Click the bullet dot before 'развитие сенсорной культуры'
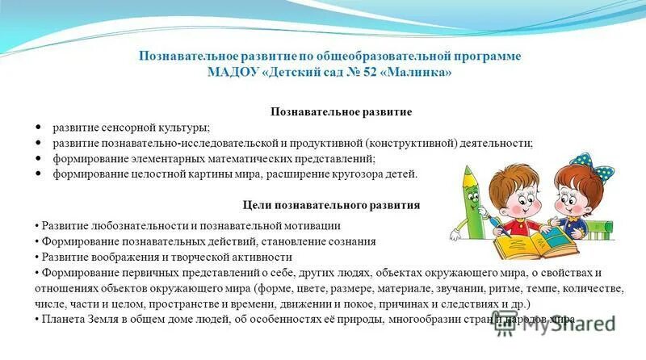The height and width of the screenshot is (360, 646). pyautogui.click(x=40, y=128)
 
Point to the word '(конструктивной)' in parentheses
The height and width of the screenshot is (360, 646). pyautogui.click(x=412, y=143)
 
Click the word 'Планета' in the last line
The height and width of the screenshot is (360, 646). pyautogui.click(x=61, y=319)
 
